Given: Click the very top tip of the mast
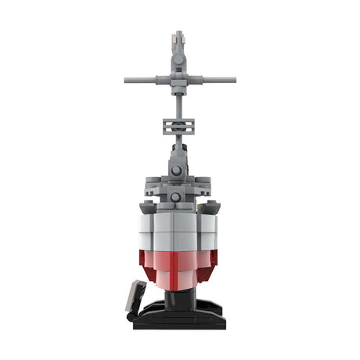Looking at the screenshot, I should click(x=179, y=33).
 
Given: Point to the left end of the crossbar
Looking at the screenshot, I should click(x=127, y=80).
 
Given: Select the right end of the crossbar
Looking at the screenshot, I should click(x=233, y=80).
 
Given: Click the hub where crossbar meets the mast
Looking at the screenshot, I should click(x=179, y=80).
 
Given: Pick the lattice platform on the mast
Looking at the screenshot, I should click(x=179, y=124).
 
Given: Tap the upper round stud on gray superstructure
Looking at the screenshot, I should click(x=179, y=170).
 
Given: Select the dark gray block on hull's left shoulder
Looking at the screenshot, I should click(x=146, y=207).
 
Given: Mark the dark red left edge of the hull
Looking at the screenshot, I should click(x=141, y=258).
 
